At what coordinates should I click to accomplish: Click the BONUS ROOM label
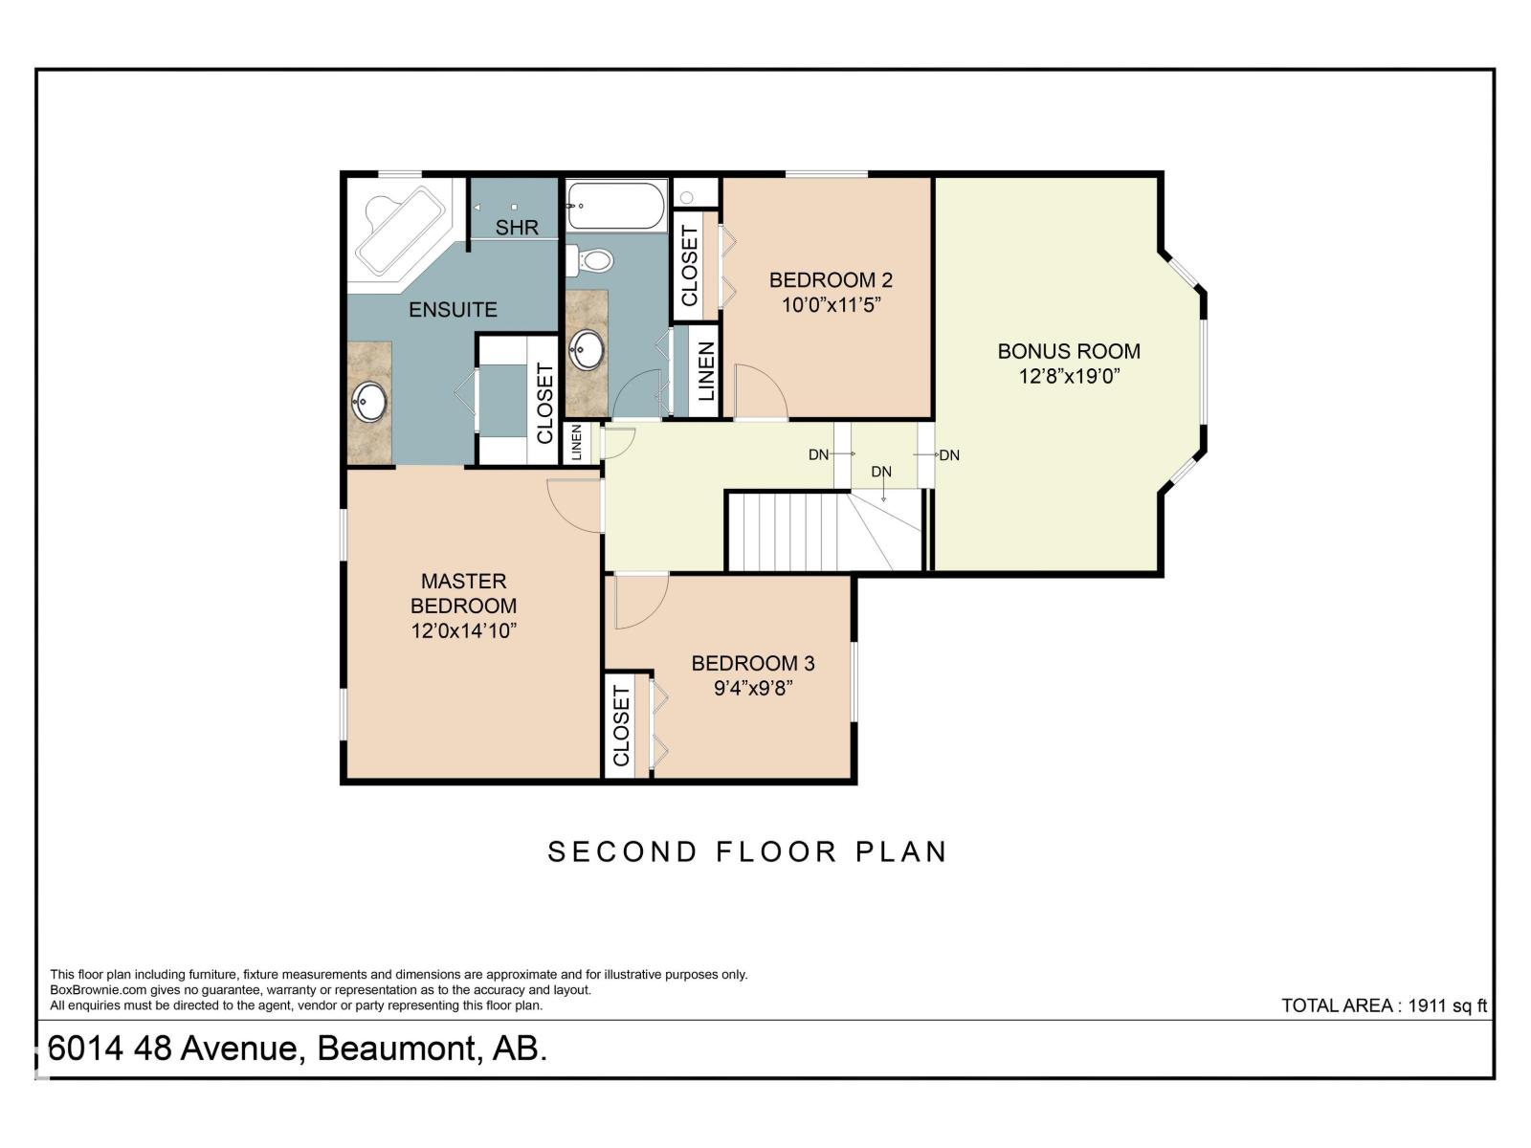(1069, 351)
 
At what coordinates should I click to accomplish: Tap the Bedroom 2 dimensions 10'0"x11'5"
(831, 305)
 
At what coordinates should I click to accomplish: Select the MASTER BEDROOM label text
(464, 593)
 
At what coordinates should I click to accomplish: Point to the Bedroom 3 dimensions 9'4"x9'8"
(753, 688)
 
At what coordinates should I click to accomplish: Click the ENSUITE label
(453, 309)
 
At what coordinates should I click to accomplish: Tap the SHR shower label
(517, 228)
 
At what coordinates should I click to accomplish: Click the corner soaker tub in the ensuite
(400, 232)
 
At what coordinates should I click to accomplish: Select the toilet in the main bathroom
(589, 261)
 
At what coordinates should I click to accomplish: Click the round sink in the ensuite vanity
(369, 402)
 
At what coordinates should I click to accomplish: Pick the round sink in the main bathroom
(587, 350)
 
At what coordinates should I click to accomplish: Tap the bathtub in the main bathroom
(617, 206)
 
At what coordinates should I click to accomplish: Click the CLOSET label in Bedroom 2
(689, 265)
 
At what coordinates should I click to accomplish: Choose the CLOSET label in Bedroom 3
(621, 725)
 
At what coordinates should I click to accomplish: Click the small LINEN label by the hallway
(577, 443)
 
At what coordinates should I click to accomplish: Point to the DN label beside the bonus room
(949, 455)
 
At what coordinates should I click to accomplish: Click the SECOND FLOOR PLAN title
(747, 851)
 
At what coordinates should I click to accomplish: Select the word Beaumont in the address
(396, 1049)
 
